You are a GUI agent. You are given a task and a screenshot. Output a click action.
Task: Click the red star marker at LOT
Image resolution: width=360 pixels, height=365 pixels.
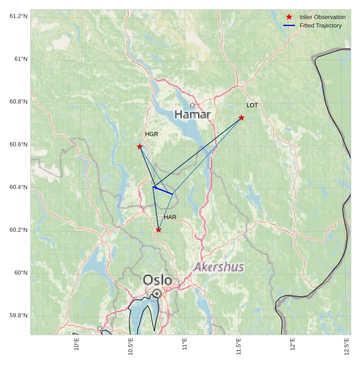242,117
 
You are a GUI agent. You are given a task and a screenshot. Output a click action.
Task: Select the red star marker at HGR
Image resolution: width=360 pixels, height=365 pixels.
140,146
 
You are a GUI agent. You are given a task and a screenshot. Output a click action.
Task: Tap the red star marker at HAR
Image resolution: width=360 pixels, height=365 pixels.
159,230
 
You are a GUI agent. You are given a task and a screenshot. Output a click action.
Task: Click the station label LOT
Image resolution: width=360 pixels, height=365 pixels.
252,106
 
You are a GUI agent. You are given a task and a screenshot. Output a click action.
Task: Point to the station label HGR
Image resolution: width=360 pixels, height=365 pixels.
152,134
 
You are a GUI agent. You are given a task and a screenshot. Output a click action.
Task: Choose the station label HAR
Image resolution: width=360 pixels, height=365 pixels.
170,217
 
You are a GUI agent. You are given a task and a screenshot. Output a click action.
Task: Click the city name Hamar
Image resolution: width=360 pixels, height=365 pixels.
192,115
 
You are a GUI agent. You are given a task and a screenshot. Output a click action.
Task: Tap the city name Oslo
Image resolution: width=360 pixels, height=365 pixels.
158,280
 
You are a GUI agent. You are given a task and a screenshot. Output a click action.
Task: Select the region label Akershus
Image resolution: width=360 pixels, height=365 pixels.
219,267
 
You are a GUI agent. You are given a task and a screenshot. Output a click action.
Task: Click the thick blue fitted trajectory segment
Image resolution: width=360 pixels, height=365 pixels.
163,190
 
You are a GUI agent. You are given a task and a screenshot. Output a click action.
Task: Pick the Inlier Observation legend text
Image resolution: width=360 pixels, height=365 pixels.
322,17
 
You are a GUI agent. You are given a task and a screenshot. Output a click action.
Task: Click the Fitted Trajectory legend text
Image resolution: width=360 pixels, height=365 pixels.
320,25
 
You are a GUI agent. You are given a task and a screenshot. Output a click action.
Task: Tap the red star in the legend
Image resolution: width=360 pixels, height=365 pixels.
289,17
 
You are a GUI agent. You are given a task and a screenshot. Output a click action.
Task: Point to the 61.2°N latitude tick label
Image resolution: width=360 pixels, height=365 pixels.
19,16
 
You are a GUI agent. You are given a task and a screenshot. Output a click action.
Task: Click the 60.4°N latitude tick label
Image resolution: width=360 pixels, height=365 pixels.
19,188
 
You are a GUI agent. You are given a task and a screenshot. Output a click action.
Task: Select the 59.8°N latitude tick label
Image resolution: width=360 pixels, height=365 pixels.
19,316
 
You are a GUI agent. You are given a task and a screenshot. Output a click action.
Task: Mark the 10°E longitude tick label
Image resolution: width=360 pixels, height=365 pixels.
77,344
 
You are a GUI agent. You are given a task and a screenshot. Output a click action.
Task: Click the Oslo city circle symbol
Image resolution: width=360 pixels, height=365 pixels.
157,293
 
